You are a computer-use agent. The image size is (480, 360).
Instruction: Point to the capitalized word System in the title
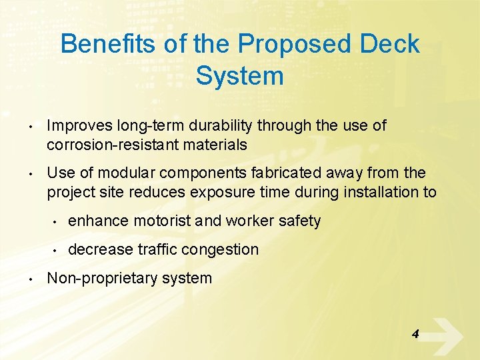[x=239, y=76]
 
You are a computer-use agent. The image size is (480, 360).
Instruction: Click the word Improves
[x=79, y=125]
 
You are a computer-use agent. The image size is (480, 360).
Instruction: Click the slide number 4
[x=415, y=333]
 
